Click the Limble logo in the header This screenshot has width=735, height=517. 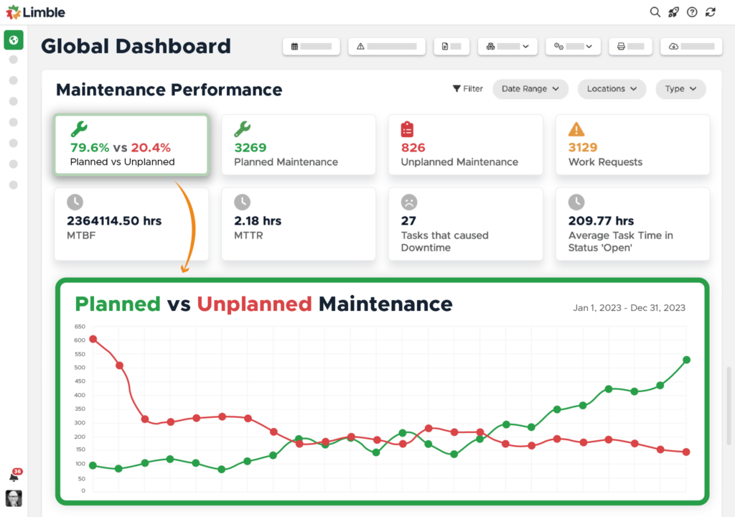click(36, 12)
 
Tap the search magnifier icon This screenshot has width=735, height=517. click(655, 12)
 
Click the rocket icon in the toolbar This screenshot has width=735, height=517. click(673, 12)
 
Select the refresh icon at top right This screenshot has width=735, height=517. click(711, 12)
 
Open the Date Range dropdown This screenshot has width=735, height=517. click(530, 89)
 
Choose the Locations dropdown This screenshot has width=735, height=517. click(612, 89)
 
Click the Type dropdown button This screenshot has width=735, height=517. click(680, 89)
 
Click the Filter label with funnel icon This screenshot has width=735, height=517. click(467, 89)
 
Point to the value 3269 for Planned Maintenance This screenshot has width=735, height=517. click(251, 148)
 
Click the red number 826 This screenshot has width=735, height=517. click(413, 148)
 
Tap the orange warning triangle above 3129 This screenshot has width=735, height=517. click(576, 129)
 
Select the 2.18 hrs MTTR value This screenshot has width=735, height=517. click(258, 221)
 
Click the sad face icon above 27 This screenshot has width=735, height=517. click(409, 202)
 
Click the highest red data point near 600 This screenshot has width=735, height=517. click(93, 339)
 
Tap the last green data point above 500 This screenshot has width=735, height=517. click(686, 360)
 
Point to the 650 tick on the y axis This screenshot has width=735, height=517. click(79, 327)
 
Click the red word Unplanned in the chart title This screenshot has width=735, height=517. click(254, 304)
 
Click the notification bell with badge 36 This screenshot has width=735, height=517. click(14, 476)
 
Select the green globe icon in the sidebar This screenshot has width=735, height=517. click(14, 39)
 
